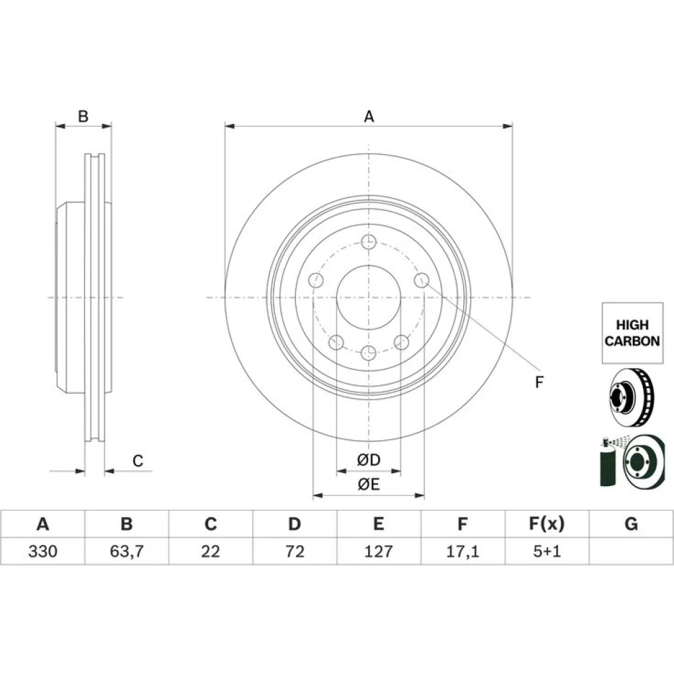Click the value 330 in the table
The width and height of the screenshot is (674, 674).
click(x=42, y=551)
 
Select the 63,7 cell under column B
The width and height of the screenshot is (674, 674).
click(x=127, y=551)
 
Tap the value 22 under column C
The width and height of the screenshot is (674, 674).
click(x=210, y=551)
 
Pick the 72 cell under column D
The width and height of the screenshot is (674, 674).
click(x=295, y=551)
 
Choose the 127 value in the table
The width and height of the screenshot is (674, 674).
click(x=379, y=551)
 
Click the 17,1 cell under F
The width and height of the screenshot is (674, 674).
click(x=462, y=551)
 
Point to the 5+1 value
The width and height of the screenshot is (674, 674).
click(x=547, y=551)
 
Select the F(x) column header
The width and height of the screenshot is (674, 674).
click(x=547, y=524)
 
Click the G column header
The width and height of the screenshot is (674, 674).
click(x=631, y=524)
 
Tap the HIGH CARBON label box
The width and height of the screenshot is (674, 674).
click(x=632, y=333)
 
